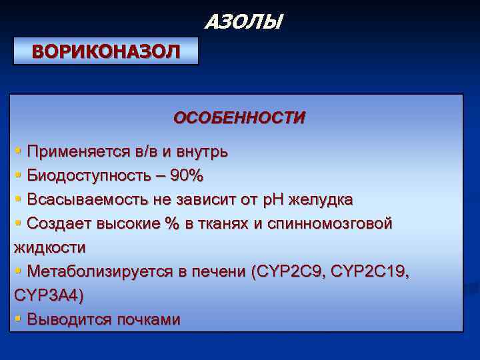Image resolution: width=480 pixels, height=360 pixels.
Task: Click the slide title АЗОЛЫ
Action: coord(243,23)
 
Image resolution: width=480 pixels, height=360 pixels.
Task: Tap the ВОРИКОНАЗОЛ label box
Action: coord(106,51)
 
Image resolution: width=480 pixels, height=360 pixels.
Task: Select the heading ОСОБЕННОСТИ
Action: coord(239,118)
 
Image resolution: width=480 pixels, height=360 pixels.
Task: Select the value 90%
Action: coord(187,176)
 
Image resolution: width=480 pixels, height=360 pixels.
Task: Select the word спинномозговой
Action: coord(329,224)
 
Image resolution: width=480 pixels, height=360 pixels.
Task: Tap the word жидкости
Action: coord(49,248)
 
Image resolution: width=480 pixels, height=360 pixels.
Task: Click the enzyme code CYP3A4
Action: coord(47,296)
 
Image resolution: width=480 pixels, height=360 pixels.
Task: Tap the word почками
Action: coord(148,320)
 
